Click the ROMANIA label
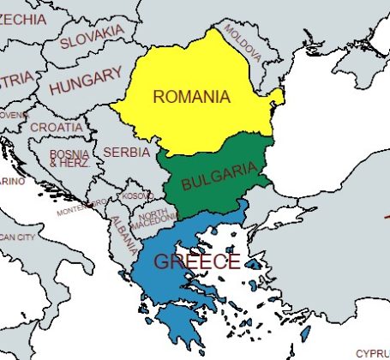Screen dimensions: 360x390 [191, 96]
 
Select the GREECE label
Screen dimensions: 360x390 [196, 261]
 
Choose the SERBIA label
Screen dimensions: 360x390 [126, 152]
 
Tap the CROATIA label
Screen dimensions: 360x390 [57, 127]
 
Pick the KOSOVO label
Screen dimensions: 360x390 [138, 196]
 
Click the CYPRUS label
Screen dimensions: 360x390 [372, 352]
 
